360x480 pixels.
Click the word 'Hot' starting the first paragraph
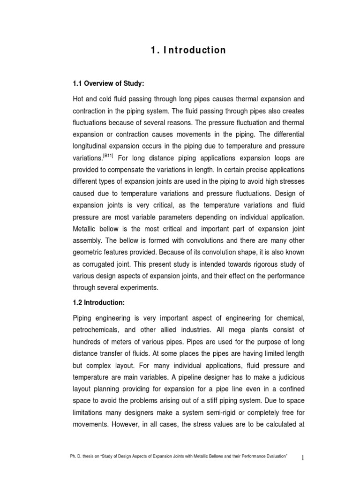pyautogui.click(x=78, y=99)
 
